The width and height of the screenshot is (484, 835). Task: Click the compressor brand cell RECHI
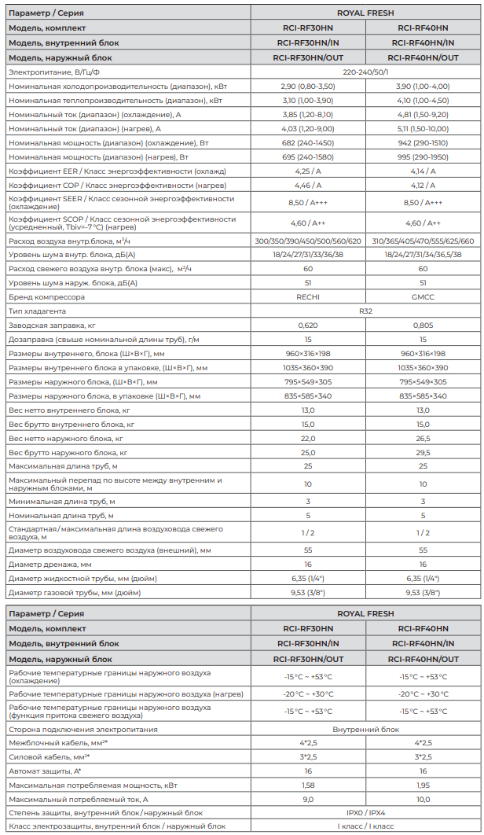pos(308,297)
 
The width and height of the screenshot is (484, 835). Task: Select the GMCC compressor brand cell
pos(423,297)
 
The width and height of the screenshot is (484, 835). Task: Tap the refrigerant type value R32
pos(365,311)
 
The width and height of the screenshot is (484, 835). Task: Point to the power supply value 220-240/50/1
pos(365,72)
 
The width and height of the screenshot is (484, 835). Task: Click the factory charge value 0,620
pos(308,326)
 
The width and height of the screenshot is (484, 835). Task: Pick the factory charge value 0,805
pos(423,326)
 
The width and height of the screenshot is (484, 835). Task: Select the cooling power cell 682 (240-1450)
pos(308,142)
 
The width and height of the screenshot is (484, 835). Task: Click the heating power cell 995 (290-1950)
pos(423,156)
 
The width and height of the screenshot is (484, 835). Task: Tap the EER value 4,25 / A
pos(308,171)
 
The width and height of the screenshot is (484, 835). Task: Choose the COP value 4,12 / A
pos(423,185)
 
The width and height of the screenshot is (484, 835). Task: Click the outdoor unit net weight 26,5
pos(423,439)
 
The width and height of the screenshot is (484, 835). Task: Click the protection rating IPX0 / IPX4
pos(365,812)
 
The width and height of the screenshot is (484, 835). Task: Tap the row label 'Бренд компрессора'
pos(47,297)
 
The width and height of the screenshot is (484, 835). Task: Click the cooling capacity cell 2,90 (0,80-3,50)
pos(308,86)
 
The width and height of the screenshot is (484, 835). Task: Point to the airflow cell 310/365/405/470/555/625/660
pos(423,241)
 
